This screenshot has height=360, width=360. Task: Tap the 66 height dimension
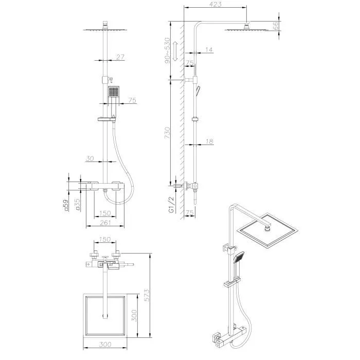coord(276,26)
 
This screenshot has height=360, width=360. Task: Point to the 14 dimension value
coord(208,49)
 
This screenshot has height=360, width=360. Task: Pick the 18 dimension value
coord(208,141)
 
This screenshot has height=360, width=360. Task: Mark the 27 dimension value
coord(120,58)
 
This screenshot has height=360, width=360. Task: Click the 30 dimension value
coord(90,159)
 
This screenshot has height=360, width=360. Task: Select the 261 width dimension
coord(105,222)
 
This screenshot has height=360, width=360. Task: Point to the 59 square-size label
coord(65,206)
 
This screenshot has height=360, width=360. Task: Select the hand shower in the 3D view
coord(239,257)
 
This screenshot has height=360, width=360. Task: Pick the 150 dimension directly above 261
coord(105,213)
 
